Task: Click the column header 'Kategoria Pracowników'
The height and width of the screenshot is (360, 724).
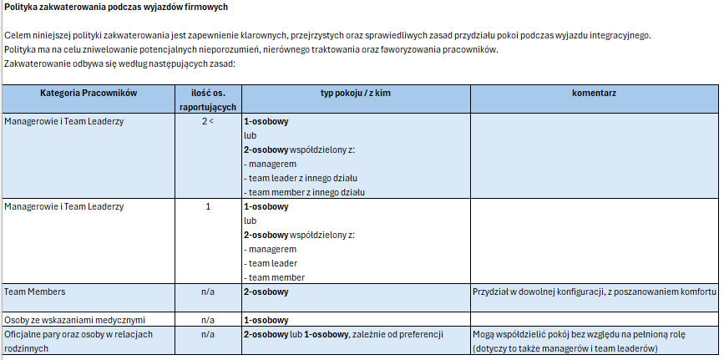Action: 89,93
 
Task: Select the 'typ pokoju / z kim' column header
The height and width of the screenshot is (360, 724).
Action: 355,93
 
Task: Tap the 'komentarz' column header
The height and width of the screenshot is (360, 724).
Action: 594,93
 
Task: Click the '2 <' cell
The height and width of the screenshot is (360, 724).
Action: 208,121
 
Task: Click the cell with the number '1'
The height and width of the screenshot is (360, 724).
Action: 208,206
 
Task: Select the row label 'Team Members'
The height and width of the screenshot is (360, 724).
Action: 35,292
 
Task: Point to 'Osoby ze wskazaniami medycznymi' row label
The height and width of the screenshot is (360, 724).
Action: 75,320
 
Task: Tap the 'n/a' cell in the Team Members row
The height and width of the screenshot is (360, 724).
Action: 208,292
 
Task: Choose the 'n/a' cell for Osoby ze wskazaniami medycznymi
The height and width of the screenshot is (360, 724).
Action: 208,320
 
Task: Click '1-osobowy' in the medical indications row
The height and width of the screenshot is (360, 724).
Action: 266,320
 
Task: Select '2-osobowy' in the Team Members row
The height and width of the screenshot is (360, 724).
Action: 266,292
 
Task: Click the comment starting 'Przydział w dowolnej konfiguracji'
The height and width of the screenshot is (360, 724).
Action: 594,292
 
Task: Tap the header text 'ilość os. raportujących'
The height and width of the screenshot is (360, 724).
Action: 208,99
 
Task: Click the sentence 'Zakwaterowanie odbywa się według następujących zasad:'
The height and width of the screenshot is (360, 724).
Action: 120,63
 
